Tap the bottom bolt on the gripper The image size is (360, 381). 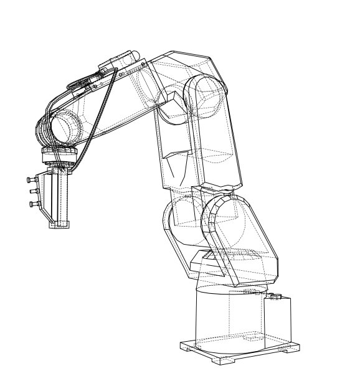point(31,204)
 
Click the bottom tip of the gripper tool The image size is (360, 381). point(59,225)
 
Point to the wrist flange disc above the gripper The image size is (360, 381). point(60,154)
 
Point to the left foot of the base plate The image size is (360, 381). point(185,346)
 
